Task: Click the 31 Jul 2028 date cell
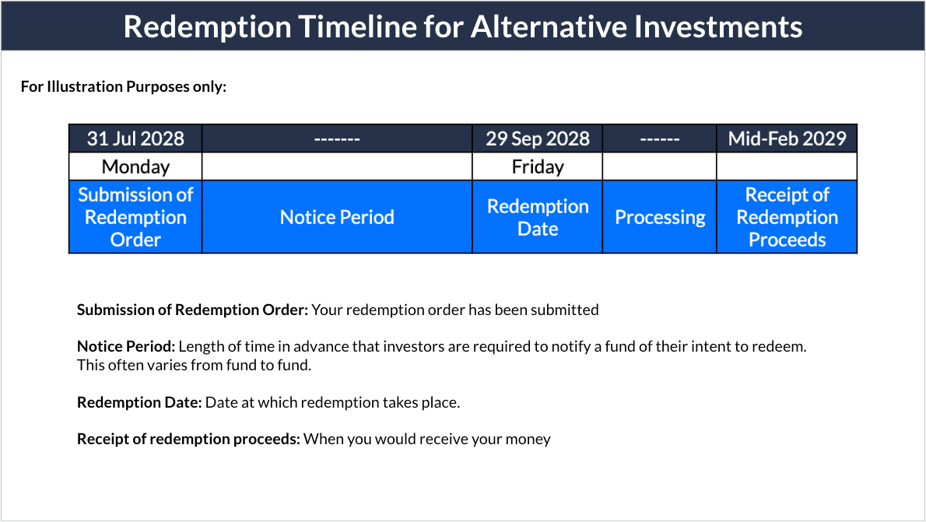click(135, 138)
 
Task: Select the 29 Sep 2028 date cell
click(538, 138)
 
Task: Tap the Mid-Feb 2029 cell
click(787, 138)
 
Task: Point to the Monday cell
click(135, 166)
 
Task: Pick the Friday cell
click(538, 166)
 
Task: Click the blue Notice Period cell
click(337, 217)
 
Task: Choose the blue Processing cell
click(660, 217)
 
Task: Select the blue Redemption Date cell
click(538, 217)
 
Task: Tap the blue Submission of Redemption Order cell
click(135, 217)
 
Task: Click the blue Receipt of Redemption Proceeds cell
click(787, 217)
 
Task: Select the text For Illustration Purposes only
click(123, 86)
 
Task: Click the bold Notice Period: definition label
click(126, 346)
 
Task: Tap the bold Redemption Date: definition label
click(139, 402)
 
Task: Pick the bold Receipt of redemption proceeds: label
click(188, 439)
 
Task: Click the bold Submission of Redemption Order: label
click(192, 310)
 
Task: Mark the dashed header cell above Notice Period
click(337, 138)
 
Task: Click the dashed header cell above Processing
click(660, 138)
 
